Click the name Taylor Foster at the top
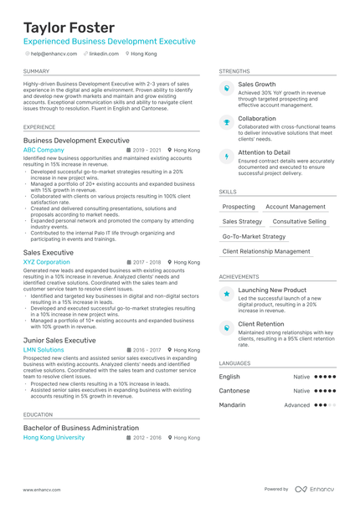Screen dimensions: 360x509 pos(69,28)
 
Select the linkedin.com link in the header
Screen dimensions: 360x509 pos(104,53)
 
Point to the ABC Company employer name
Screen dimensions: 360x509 pos(44,150)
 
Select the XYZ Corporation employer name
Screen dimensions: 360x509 pos(47,262)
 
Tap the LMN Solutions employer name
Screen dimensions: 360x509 pos(44,350)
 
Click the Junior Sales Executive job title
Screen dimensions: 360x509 pos(59,340)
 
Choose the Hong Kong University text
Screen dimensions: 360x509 pos(54,437)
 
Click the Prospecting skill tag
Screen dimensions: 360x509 pos(239,207)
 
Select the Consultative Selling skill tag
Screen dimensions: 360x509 pos(300,222)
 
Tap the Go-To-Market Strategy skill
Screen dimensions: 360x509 pos(254,237)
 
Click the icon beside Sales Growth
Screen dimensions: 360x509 pos(226,87)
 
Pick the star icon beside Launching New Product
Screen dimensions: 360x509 pos(226,294)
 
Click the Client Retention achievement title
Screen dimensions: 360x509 pos(261,323)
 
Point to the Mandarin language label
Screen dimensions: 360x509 pos(233,404)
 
